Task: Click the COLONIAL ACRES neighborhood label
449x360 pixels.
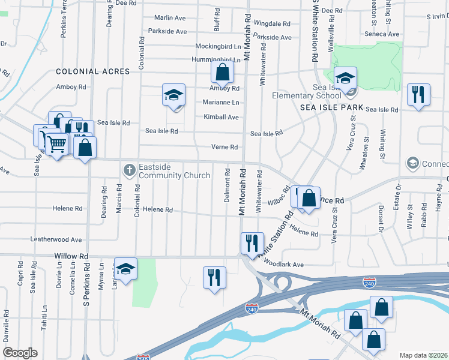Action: point(92,71)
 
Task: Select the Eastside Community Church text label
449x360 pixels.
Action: point(174,171)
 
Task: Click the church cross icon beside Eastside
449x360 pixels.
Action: point(128,171)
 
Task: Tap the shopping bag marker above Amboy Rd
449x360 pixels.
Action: point(222,73)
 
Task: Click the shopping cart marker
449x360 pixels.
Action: point(56,143)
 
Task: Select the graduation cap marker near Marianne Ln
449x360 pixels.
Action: point(173,95)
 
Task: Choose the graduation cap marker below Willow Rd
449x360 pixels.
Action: point(125,269)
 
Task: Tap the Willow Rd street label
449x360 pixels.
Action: point(71,256)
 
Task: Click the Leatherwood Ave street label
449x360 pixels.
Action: point(56,239)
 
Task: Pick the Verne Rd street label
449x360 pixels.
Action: point(224,147)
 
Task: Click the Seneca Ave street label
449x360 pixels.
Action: point(382,34)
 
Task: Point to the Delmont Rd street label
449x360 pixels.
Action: point(228,189)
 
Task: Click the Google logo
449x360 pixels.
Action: point(20,353)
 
